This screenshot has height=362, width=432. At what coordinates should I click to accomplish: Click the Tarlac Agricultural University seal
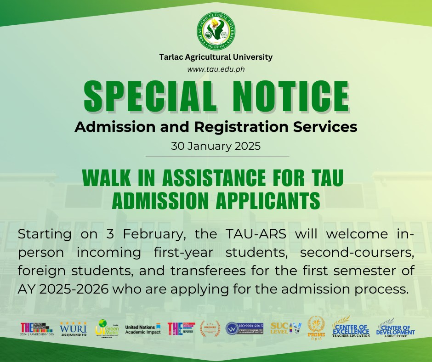tap(216, 31)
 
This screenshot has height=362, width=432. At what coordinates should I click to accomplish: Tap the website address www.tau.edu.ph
tap(216, 69)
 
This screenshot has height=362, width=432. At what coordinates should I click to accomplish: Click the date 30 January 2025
tap(216, 147)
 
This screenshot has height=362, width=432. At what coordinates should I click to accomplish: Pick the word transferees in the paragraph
tap(196, 271)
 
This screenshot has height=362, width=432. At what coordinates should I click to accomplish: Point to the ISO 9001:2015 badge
tap(244, 328)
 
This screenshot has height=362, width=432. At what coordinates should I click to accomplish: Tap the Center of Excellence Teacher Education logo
tap(351, 327)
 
